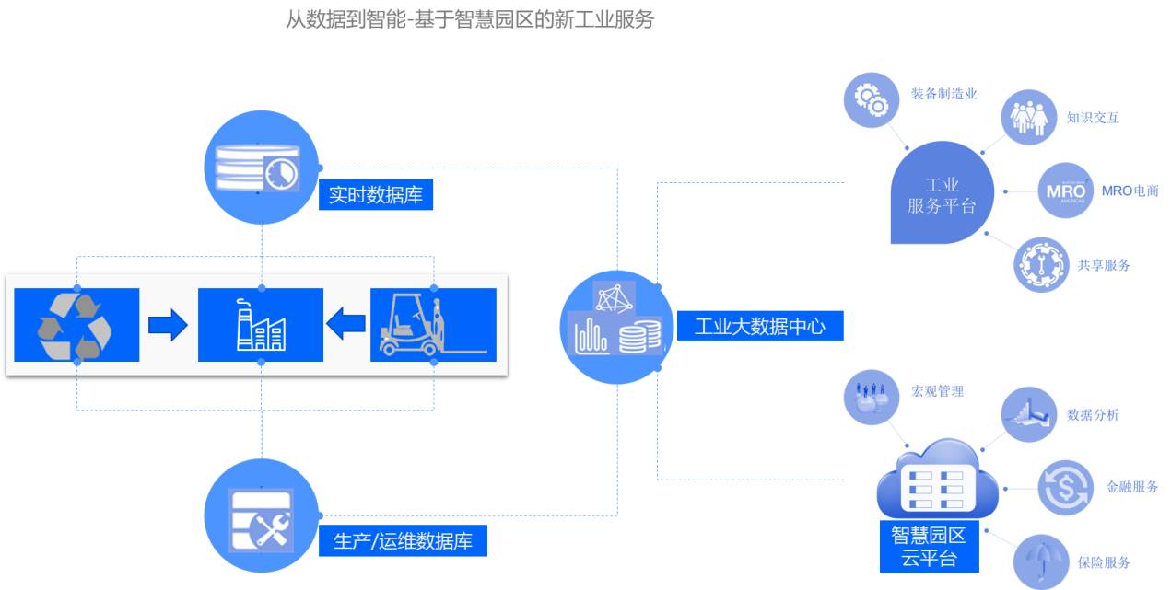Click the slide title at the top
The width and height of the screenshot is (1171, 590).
click(470, 19)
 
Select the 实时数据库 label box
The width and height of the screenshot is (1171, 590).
click(376, 195)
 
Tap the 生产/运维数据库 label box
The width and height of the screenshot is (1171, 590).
click(403, 541)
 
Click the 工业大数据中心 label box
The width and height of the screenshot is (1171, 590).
click(759, 326)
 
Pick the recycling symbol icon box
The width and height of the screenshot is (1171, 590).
click(76, 325)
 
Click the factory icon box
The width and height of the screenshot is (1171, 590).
click(261, 325)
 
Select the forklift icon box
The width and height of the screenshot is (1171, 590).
click(433, 325)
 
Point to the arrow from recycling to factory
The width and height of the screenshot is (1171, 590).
click(168, 325)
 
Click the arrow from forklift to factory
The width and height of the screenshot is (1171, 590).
click(346, 325)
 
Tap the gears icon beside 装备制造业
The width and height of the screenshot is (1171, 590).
click(871, 99)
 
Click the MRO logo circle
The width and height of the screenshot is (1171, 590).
click(1066, 191)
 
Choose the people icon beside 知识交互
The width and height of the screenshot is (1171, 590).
click(1028, 118)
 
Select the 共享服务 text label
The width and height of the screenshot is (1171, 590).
click(1104, 265)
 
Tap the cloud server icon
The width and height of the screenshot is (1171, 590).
click(937, 481)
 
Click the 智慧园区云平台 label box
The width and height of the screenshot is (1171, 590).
click(928, 547)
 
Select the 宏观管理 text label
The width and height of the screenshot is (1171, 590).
click(937, 391)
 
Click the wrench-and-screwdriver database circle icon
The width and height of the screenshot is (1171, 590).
click(261, 516)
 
